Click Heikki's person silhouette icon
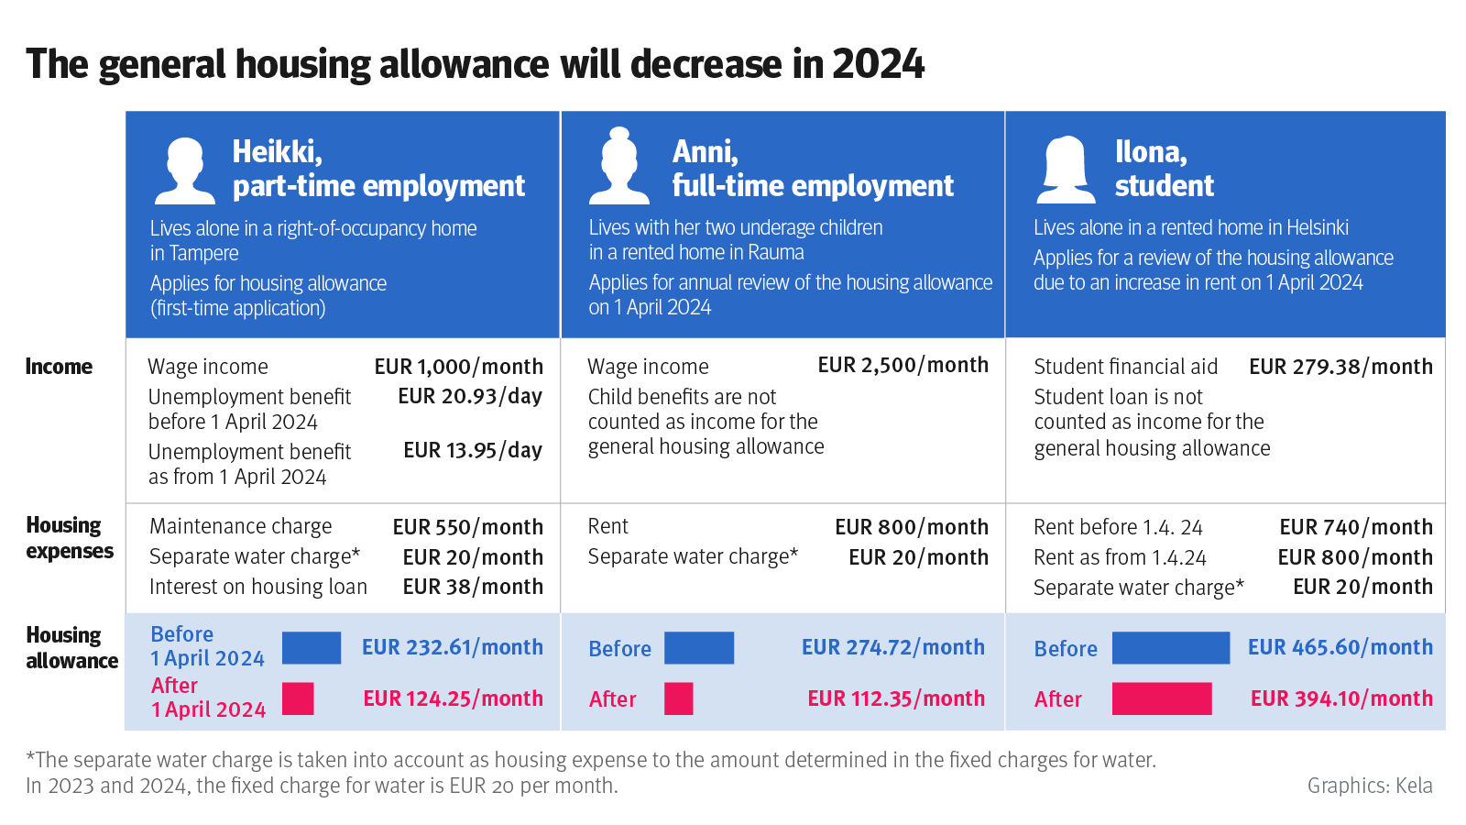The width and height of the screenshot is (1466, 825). click(x=185, y=170)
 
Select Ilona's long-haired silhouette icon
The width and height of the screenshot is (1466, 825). click(x=1066, y=170)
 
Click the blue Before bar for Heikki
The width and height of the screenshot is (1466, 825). click(x=312, y=647)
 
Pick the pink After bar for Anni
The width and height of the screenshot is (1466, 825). click(x=678, y=698)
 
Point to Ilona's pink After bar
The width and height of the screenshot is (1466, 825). click(x=1161, y=698)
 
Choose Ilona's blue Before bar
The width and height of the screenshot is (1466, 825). click(x=1170, y=647)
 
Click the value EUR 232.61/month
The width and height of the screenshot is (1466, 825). click(x=453, y=647)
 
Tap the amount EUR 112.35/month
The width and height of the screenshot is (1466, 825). click(x=895, y=698)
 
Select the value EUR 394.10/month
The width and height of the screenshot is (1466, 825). click(x=1341, y=698)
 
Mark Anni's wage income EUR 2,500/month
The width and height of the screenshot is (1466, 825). click(x=903, y=365)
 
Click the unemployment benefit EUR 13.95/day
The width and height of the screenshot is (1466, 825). click(x=473, y=450)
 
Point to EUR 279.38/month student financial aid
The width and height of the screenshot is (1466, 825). click(x=1340, y=367)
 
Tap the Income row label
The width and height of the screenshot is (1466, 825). click(x=59, y=367)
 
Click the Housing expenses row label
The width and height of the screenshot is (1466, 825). click(x=70, y=538)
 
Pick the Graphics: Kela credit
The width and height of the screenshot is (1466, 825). click(x=1369, y=786)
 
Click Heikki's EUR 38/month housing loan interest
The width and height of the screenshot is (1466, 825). click(x=473, y=587)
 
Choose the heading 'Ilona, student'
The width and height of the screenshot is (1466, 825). click(x=1164, y=168)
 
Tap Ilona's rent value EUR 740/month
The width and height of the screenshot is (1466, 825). click(x=1355, y=527)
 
